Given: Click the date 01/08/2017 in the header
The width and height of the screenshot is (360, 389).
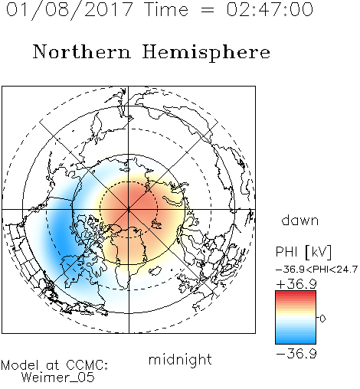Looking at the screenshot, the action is tap(70, 10).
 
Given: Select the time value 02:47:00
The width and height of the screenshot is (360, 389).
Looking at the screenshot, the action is tap(270, 10).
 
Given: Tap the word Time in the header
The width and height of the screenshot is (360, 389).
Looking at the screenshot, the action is tap(166, 10).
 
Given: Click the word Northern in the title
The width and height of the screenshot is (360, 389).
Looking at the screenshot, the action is tap(81, 52).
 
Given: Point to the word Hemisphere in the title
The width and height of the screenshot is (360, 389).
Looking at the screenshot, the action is tap(206, 53).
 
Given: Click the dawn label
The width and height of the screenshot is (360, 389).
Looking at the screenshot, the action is tap(300, 220).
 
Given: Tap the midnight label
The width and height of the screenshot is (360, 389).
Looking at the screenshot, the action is tap(180, 359).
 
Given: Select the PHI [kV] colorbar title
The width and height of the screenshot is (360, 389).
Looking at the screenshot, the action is tap(303, 252).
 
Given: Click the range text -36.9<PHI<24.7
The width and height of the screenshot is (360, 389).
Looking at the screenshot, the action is tap(316, 270).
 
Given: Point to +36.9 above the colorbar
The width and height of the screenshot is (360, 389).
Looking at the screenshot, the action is tap(296, 284).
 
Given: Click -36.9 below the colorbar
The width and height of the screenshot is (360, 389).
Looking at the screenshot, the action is tap(296, 354).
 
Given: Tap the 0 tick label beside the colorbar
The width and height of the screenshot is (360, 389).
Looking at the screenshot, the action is tap(322, 319).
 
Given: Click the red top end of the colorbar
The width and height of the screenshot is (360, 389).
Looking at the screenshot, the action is tap(296, 293).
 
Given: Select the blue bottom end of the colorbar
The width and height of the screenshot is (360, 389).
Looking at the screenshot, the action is tap(296, 342).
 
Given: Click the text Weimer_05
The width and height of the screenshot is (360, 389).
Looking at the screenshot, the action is tap(58, 378).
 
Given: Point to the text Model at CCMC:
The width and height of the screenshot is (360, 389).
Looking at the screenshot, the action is tap(54, 365).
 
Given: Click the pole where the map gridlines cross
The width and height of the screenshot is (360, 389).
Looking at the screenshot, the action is tap(129, 209).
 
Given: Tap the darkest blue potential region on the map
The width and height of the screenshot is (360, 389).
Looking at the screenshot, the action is tap(61, 236).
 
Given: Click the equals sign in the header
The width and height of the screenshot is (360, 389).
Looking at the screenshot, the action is tap(207, 10).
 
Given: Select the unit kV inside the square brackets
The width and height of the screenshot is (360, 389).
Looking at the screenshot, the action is tap(319, 252).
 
